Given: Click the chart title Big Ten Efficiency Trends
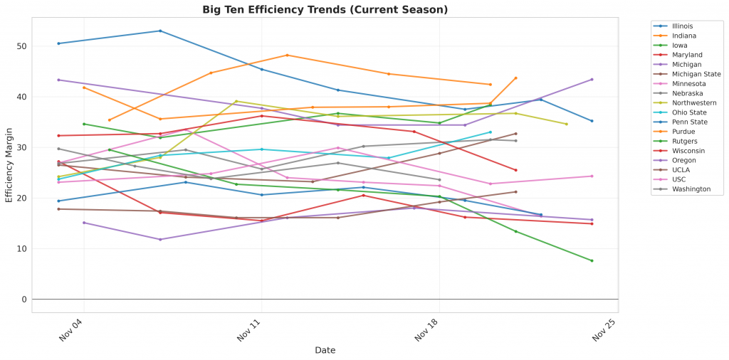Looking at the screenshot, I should [325, 9].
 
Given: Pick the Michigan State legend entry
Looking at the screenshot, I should [696, 74].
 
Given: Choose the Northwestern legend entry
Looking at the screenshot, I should [693, 102].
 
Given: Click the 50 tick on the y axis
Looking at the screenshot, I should [23, 47].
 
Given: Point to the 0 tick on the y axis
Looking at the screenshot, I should [25, 300].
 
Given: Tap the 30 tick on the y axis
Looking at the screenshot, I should [23, 148].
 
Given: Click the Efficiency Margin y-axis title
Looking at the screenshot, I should [9, 165].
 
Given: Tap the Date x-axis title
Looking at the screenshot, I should [325, 350].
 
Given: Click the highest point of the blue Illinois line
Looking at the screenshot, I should [160, 31].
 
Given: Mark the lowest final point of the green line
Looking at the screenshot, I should [592, 260].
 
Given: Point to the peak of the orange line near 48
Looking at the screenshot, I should [287, 55].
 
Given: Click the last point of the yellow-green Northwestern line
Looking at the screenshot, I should [567, 125].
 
